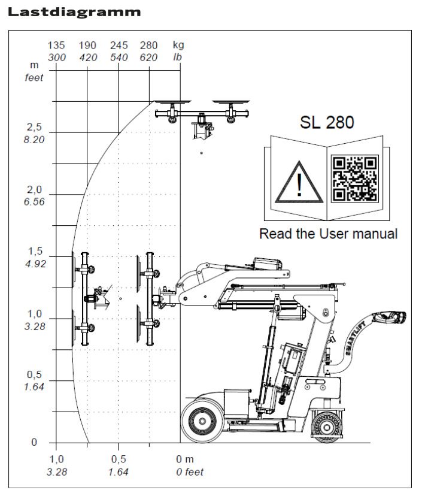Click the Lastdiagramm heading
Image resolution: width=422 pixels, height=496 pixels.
(74, 11)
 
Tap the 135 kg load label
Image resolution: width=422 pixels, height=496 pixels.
(56, 46)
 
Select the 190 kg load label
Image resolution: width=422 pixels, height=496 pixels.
(87, 46)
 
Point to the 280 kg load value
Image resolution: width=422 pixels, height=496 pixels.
(148, 46)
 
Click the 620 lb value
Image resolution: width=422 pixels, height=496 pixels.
(148, 58)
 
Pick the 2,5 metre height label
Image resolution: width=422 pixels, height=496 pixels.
(35, 128)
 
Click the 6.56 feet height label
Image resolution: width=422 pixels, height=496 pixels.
(35, 202)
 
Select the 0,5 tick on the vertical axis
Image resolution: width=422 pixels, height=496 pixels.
(35, 375)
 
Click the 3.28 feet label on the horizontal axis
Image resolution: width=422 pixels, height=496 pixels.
(56, 471)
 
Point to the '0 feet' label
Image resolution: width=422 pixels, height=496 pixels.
(190, 471)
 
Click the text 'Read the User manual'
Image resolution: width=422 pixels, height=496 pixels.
(328, 234)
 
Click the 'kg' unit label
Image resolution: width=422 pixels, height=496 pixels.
(178, 46)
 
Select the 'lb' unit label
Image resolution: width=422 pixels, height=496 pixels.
(177, 58)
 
